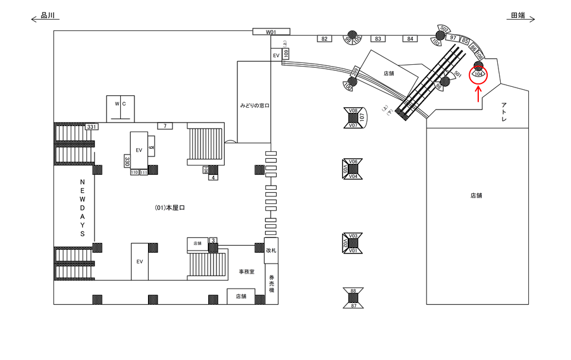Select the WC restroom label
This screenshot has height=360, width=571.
click(x=121, y=104)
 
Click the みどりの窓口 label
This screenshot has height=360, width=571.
click(x=255, y=105)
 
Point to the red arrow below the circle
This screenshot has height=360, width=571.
click(x=478, y=93)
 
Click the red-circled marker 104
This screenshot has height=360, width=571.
click(x=478, y=74)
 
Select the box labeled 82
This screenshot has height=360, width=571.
click(x=324, y=39)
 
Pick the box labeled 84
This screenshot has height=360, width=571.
click(x=409, y=39)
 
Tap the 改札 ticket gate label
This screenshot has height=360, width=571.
click(x=271, y=251)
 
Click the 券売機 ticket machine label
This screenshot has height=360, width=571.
click(x=271, y=283)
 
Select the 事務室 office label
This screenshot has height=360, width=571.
click(x=247, y=271)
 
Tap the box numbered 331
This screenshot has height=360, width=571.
click(x=91, y=127)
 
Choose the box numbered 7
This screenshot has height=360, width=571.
click(x=165, y=126)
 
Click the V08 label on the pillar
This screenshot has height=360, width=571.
click(x=353, y=111)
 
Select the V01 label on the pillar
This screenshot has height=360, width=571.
click(x=353, y=251)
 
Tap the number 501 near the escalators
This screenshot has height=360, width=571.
click(x=457, y=74)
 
